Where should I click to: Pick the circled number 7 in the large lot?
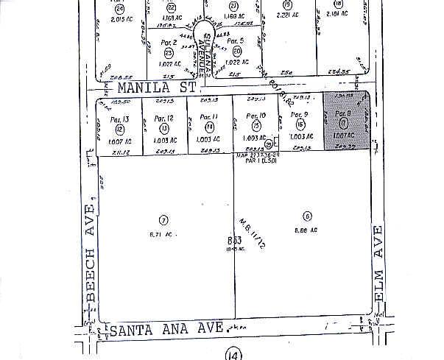point(164,219)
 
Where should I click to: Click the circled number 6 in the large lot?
point(307,216)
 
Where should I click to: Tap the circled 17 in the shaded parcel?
point(343,125)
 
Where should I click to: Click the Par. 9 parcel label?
point(298,115)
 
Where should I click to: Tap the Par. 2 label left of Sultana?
point(170,43)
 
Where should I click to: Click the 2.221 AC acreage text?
point(287,14)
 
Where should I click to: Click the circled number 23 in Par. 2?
point(169,53)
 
